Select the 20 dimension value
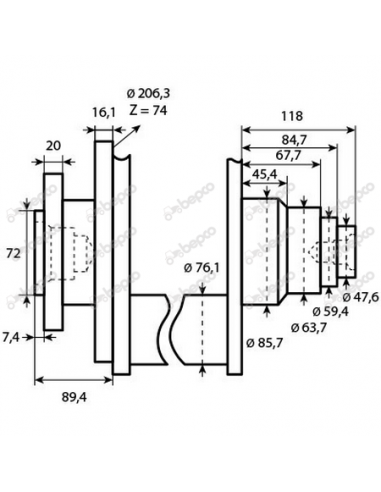point(56,146)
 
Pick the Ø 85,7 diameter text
point(264,342)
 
